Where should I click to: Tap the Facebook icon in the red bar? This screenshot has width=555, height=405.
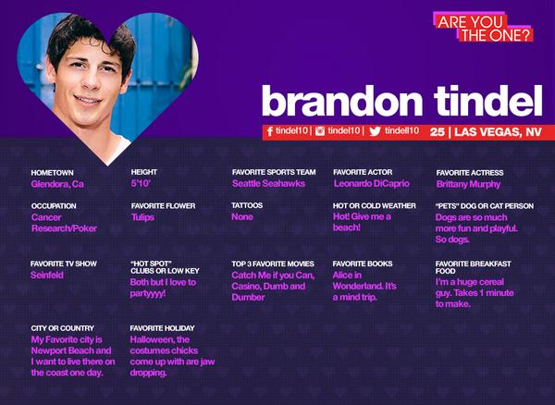[269, 131]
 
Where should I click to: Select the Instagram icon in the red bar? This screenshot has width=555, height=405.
[320, 131]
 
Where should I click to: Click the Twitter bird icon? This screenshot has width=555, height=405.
[375, 131]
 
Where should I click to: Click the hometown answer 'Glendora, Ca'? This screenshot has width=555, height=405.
[57, 184]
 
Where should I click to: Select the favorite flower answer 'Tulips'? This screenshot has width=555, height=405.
[142, 217]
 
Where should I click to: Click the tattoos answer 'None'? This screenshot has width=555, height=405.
[242, 217]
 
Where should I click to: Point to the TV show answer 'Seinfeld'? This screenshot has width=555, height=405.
[48, 276]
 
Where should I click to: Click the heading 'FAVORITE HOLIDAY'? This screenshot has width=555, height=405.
[163, 328]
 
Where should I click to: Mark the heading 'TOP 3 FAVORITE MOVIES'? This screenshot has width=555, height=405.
[274, 264]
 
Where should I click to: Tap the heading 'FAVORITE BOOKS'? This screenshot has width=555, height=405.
[363, 264]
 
